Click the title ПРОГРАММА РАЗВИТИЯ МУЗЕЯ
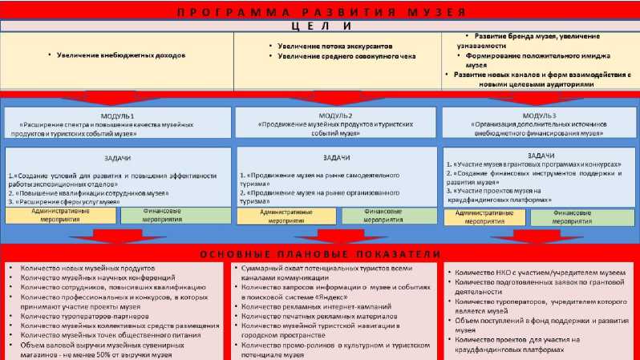click(x=320, y=11)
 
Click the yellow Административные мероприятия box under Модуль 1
click(x=61, y=216)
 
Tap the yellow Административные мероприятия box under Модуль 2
click(x=285, y=216)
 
